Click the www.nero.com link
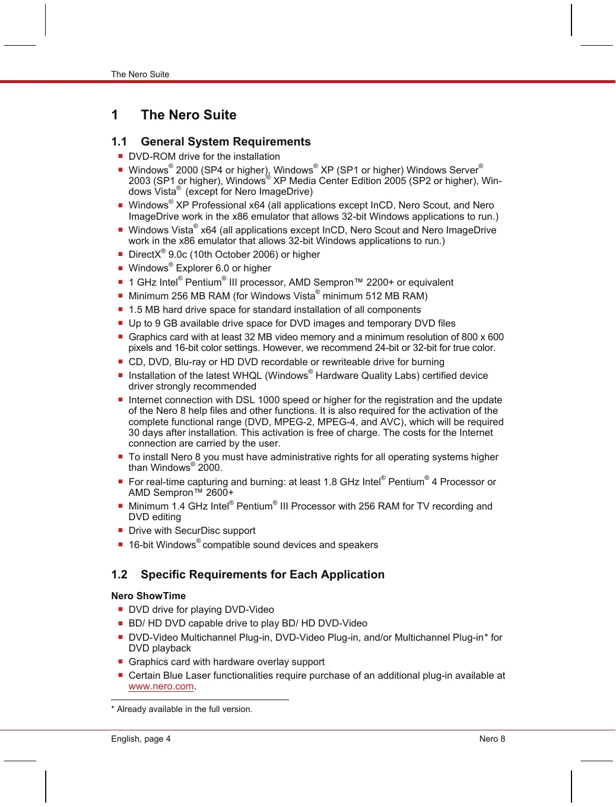161,686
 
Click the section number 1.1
119,142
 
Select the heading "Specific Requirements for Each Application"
262,575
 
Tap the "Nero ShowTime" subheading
148,596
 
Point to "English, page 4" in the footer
141,739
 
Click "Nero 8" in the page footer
492,739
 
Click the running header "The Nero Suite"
140,74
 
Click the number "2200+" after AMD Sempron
380,283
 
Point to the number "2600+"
220,493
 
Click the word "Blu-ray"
192,362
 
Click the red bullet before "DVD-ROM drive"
120,156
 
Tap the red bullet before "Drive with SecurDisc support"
120,530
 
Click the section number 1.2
119,575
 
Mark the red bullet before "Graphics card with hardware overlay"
120,662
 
